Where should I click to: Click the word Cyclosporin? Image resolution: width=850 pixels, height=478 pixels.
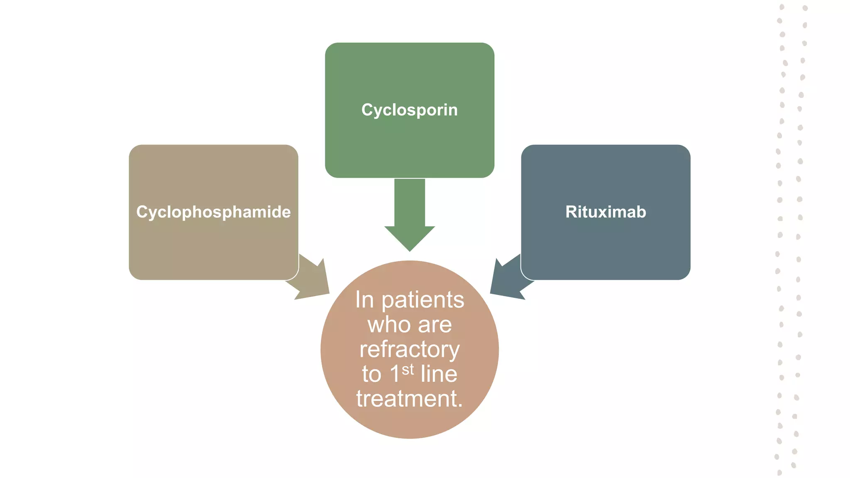tap(409, 110)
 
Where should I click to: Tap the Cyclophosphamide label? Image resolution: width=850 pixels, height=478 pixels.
tap(213, 212)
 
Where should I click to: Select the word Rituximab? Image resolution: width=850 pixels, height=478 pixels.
tap(606, 212)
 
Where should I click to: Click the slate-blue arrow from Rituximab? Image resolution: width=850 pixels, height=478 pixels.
tap(507, 279)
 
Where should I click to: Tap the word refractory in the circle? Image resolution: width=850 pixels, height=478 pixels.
tap(409, 349)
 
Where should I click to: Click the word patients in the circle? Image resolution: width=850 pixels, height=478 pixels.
tap(423, 300)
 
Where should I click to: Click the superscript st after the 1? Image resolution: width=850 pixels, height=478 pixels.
tap(408, 369)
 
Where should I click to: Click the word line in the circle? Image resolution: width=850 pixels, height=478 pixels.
tap(439, 374)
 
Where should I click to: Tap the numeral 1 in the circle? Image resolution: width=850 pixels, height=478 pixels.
tap(394, 374)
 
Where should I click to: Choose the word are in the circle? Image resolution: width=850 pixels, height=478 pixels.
tap(435, 324)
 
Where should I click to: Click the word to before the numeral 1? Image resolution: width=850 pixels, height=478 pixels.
tap(371, 374)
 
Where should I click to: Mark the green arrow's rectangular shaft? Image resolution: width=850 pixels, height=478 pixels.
tap(410, 202)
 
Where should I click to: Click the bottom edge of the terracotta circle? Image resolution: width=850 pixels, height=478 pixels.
tap(410, 437)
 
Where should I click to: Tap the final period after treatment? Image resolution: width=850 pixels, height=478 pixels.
tap(459, 405)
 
